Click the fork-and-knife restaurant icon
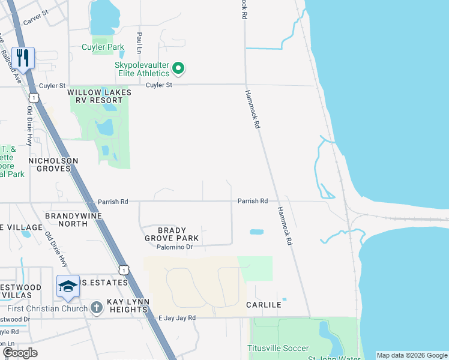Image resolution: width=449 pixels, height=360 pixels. pyautogui.click(x=23, y=58)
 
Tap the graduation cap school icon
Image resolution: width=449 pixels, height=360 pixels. pyautogui.click(x=68, y=286)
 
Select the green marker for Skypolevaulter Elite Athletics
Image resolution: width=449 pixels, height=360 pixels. pyautogui.click(x=178, y=68)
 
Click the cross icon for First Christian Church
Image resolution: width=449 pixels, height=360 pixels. pyautogui.click(x=96, y=308)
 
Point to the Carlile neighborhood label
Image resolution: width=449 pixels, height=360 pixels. pyautogui.click(x=264, y=305)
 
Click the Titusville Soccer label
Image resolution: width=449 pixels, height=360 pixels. pyautogui.click(x=279, y=348)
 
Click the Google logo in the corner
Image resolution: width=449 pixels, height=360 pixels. pyautogui.click(x=20, y=353)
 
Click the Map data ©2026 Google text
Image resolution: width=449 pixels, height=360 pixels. pyautogui.click(x=412, y=355)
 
